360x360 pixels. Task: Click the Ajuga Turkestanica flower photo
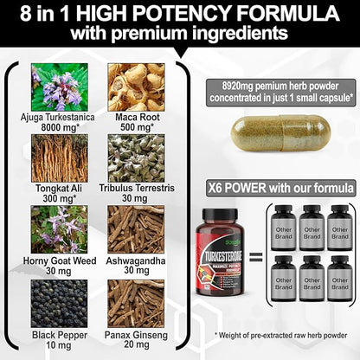tap(59, 87)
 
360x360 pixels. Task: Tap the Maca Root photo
tap(136, 87)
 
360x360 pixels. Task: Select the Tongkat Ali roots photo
tap(59, 157)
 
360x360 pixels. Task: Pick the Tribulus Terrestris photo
tap(136, 157)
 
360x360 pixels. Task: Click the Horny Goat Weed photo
tap(59, 228)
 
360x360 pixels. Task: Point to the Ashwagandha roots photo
tap(136, 228)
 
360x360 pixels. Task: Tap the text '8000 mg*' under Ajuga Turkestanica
tap(59, 127)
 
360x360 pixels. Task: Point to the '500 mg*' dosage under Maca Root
tap(136, 127)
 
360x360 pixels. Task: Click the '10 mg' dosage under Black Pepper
tap(59, 343)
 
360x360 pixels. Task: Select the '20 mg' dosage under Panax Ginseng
tap(136, 343)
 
